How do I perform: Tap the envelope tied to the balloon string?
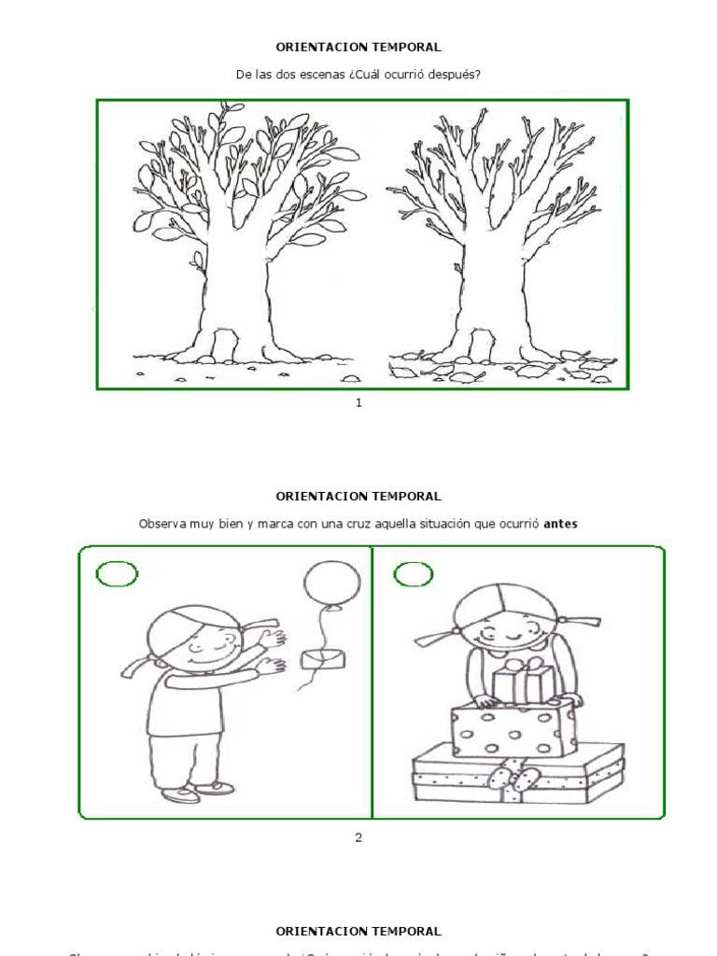point(321,658)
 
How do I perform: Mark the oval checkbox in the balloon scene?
point(116,574)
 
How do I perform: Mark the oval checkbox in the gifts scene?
point(413,575)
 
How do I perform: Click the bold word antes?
point(560,524)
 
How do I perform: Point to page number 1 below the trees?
point(358,402)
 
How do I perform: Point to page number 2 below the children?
point(358,836)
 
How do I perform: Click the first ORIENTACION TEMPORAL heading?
point(358,46)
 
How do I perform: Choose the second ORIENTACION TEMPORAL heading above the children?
point(358,496)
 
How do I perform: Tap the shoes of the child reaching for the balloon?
point(196,792)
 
